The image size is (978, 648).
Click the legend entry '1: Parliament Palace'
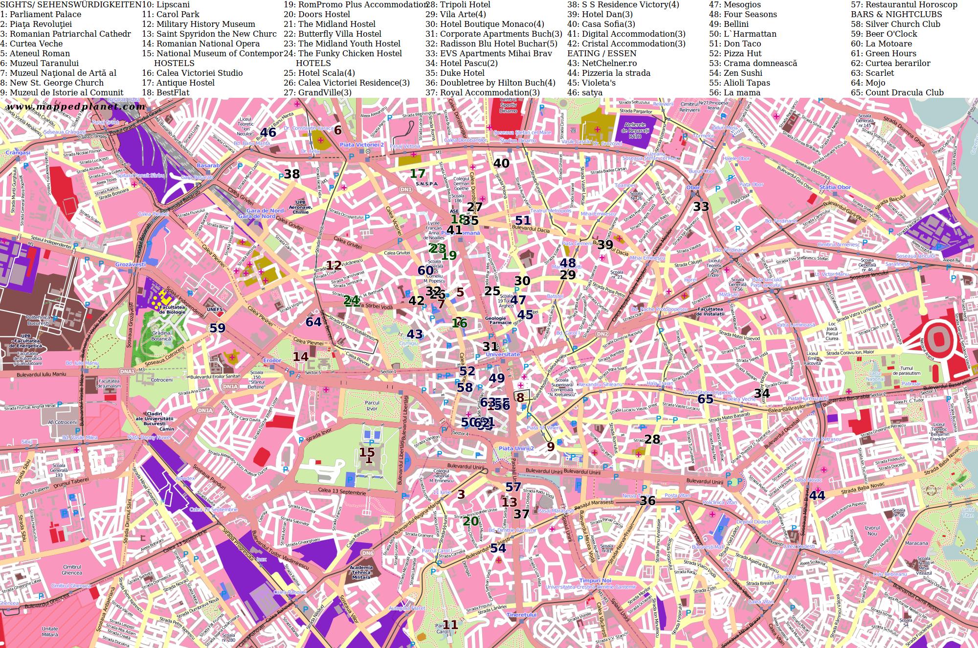click(41, 14)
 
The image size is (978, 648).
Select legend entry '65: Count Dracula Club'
click(897, 92)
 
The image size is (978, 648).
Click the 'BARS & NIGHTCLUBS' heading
click(896, 14)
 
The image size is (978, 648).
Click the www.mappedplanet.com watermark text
click(76, 107)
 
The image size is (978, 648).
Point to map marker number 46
click(268, 133)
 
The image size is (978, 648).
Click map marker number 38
click(292, 174)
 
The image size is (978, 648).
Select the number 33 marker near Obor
click(701, 206)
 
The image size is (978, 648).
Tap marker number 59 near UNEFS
click(217, 328)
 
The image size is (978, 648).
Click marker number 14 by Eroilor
click(300, 357)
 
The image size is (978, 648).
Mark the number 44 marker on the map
click(817, 495)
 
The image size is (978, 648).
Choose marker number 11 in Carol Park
click(450, 625)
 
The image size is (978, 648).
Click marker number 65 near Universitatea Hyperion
click(705, 399)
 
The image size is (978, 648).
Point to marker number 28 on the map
click(652, 439)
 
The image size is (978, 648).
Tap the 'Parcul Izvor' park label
click(372, 405)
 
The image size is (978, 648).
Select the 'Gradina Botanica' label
click(161, 336)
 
